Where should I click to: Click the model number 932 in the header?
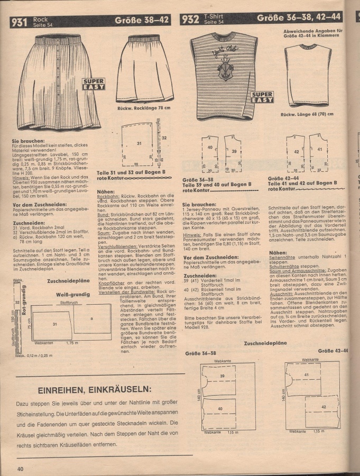pos(190,20)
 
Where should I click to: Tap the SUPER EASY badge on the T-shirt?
pos(262,98)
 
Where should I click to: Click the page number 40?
pos(20,469)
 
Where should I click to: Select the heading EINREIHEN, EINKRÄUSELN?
pos(95,390)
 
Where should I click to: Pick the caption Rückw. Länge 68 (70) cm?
pos(307,114)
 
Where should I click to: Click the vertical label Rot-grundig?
pos(24,299)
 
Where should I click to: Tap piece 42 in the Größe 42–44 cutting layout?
pos(323,407)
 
